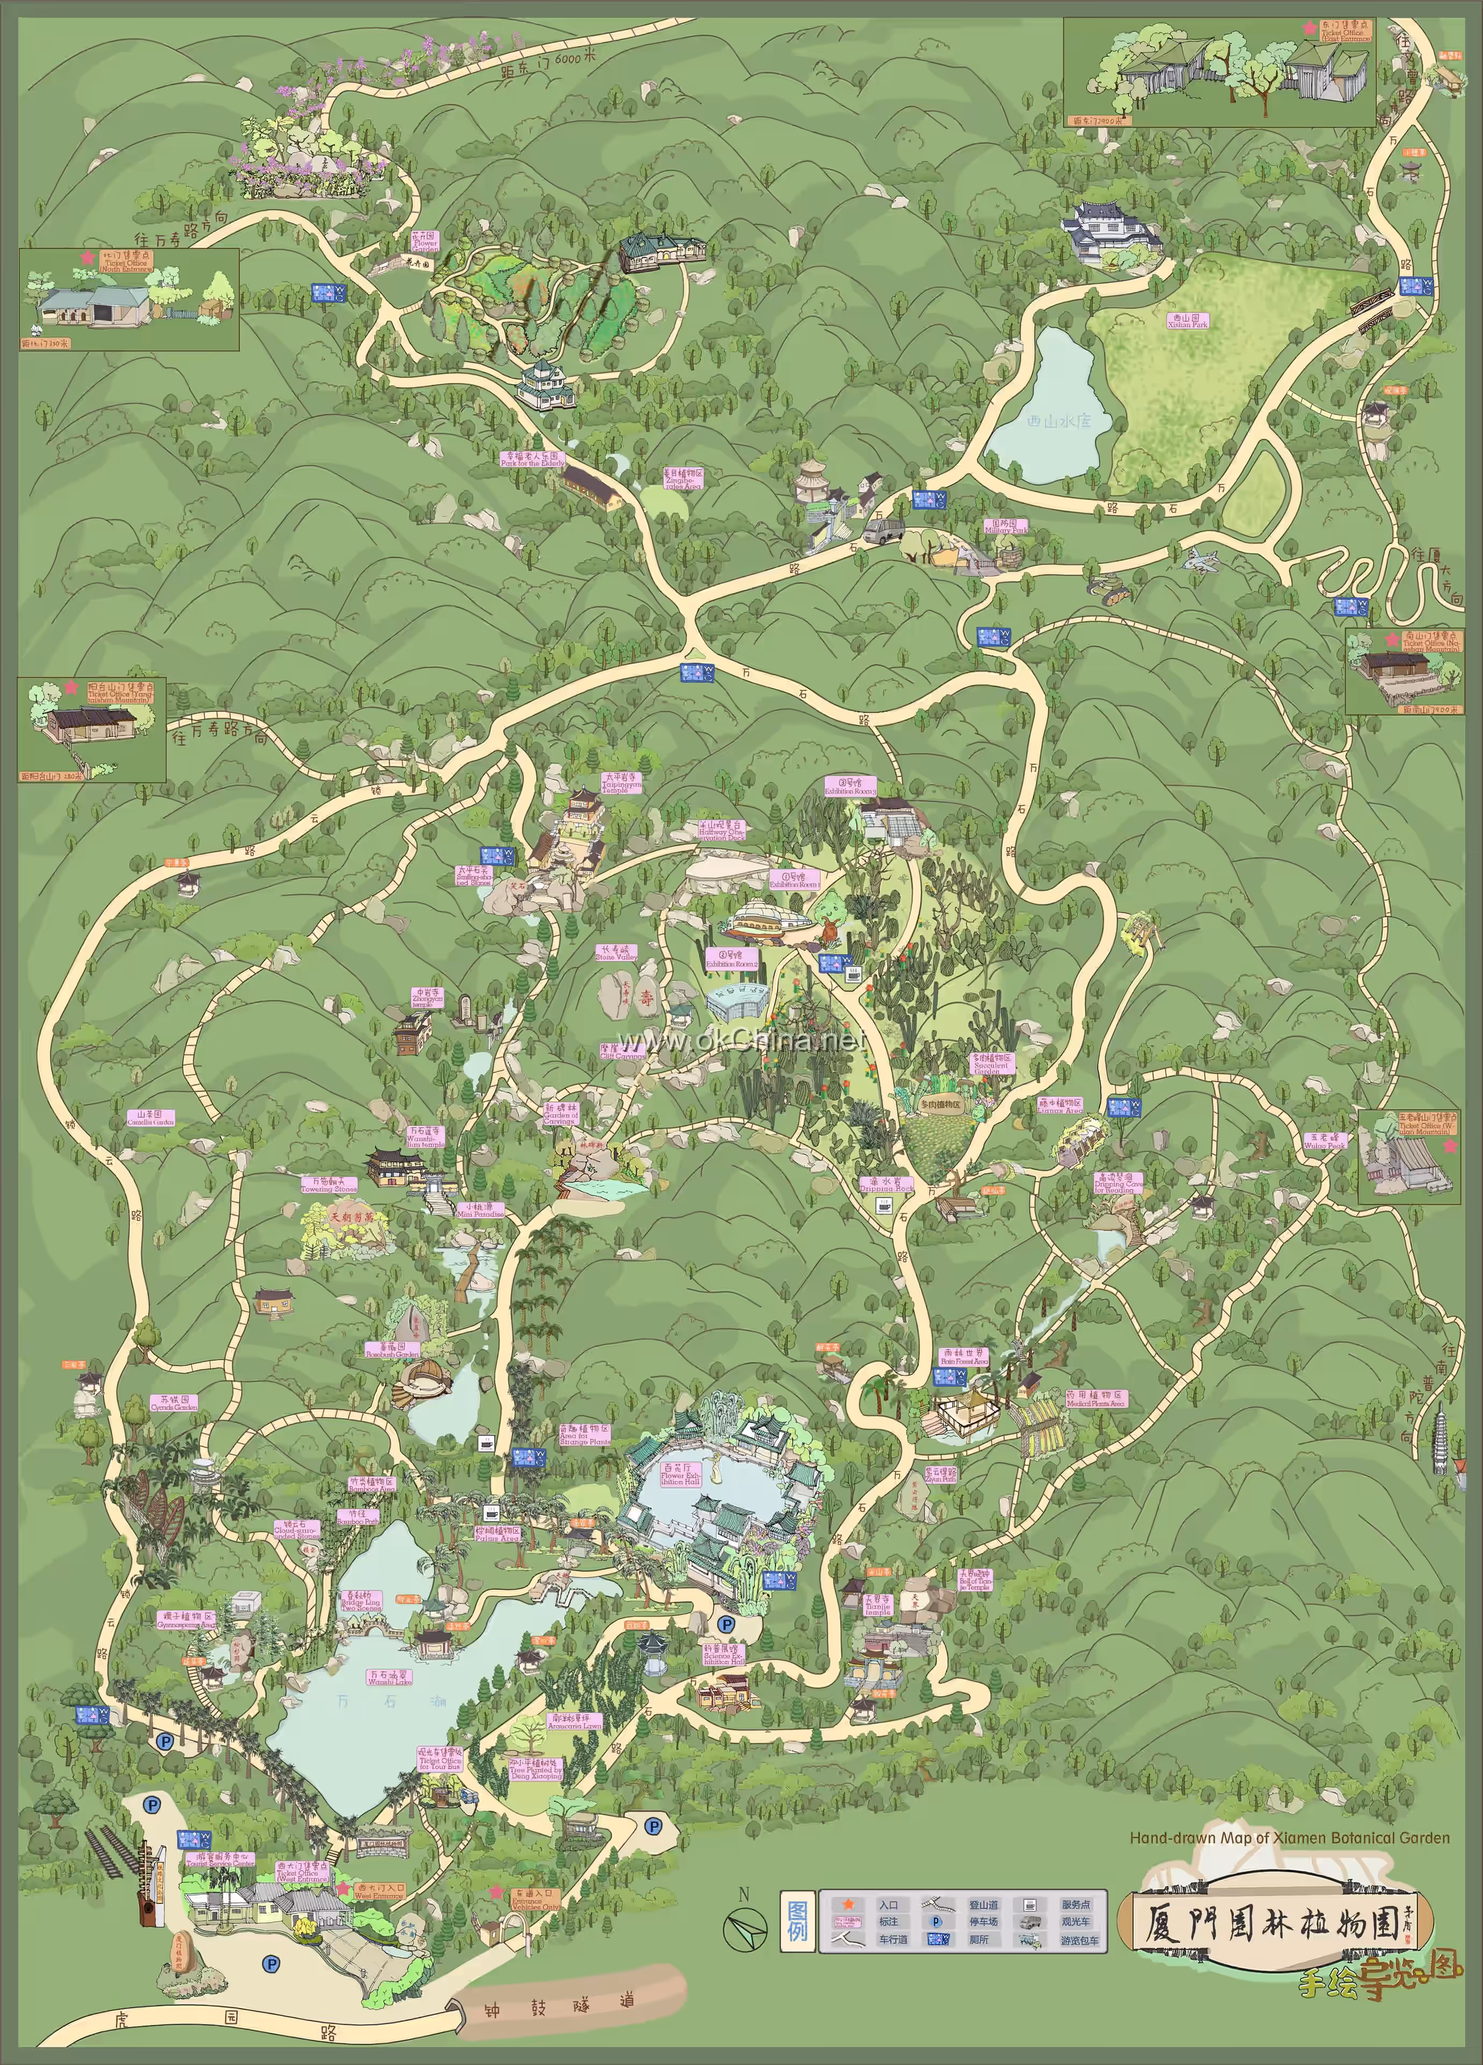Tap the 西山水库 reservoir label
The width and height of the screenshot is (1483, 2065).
tap(1056, 421)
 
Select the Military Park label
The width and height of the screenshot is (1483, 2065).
tap(1005, 526)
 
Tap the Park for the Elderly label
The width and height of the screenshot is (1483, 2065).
tap(532, 459)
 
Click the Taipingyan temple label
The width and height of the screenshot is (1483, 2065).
tap(622, 783)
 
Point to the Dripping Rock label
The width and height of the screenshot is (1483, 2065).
tap(886, 1185)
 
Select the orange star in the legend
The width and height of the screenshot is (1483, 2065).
tap(848, 1904)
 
